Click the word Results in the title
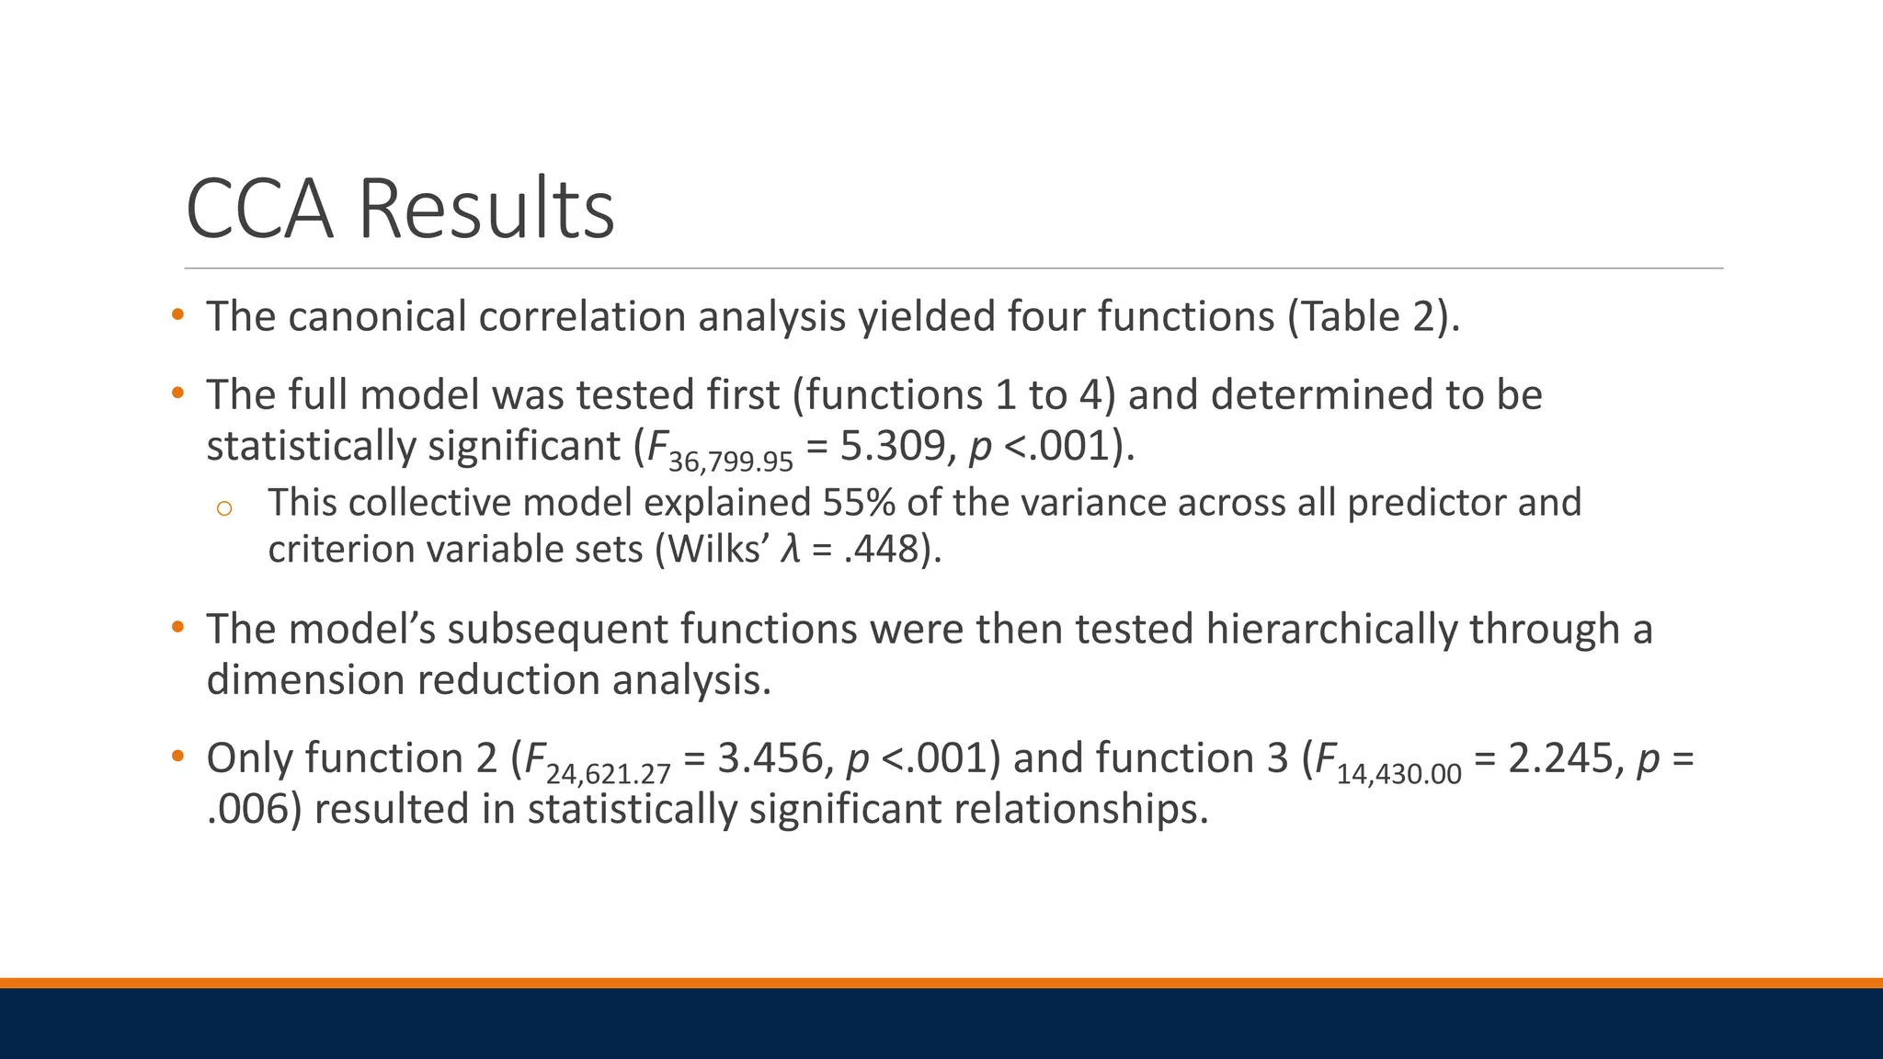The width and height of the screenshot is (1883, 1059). (x=485, y=210)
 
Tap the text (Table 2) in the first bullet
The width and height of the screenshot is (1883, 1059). (x=1372, y=316)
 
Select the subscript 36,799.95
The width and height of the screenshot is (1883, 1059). (x=730, y=461)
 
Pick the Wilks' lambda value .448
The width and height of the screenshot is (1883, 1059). (x=883, y=550)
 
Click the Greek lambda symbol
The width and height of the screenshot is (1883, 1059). (x=789, y=550)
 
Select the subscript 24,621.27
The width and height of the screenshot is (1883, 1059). (x=608, y=774)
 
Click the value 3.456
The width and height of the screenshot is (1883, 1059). (x=770, y=758)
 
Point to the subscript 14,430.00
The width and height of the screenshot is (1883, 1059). (x=1398, y=774)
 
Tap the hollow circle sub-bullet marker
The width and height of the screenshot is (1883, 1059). (x=224, y=507)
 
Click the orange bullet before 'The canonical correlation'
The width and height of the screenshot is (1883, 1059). (x=177, y=316)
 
